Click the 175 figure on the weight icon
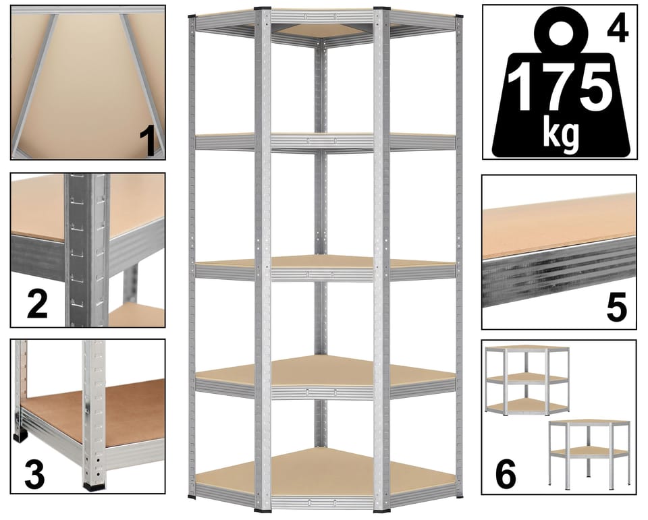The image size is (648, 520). (x=559, y=88)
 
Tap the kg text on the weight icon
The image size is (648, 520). (x=560, y=132)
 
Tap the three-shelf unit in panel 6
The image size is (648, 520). (x=526, y=380)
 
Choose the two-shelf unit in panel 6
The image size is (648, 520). (x=589, y=451)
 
